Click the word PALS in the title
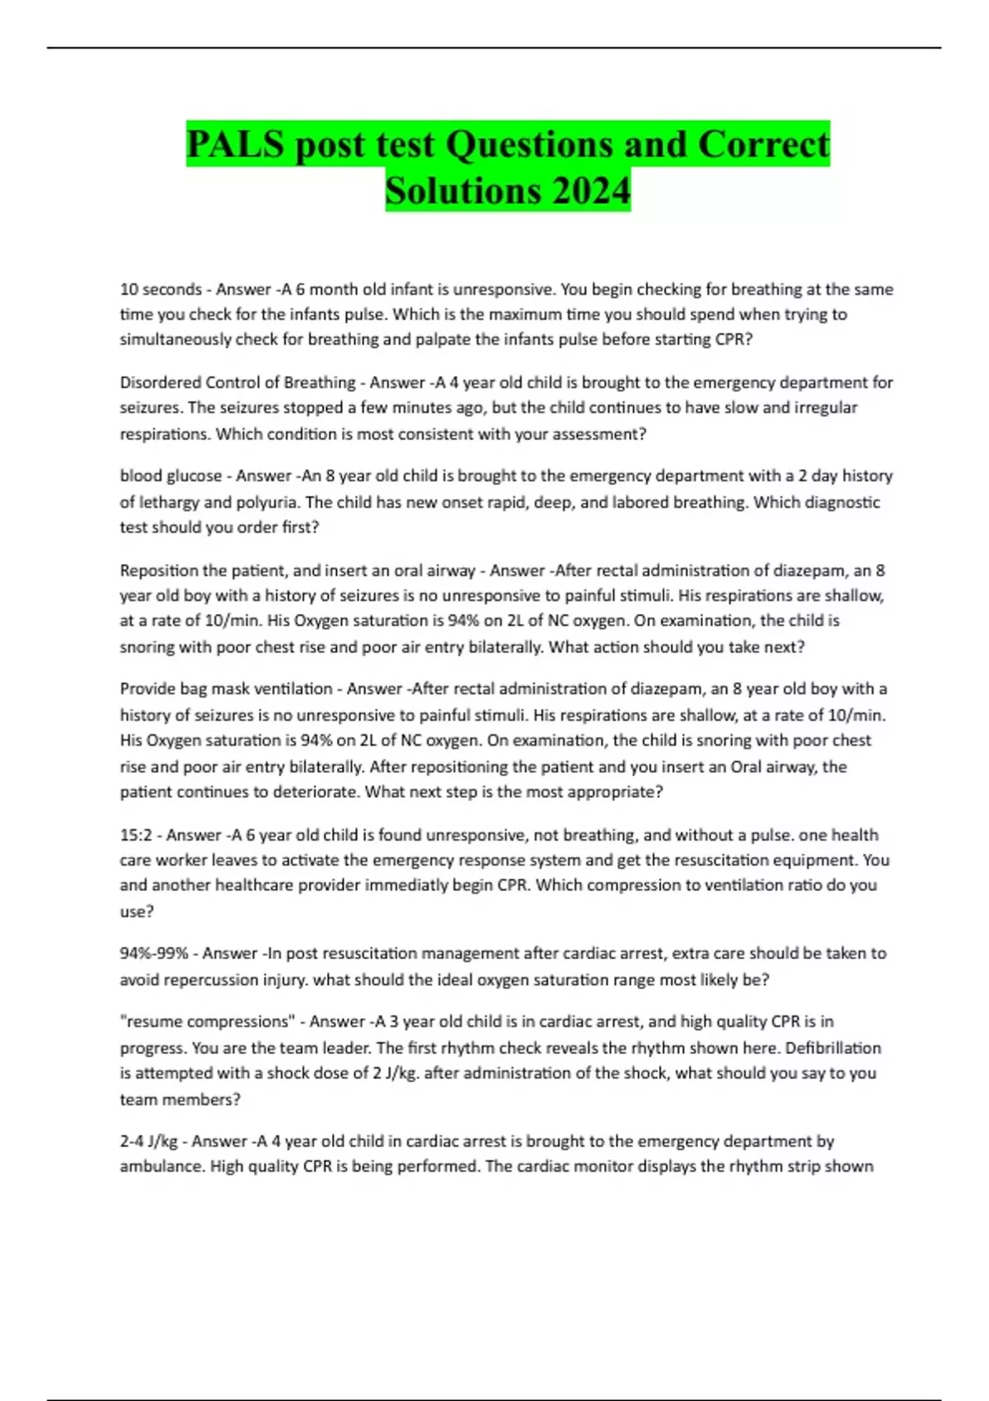coord(235,144)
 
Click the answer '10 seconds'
coord(161,289)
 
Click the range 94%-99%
coord(154,954)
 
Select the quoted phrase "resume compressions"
coord(207,1022)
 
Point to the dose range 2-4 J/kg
coord(148,1141)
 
